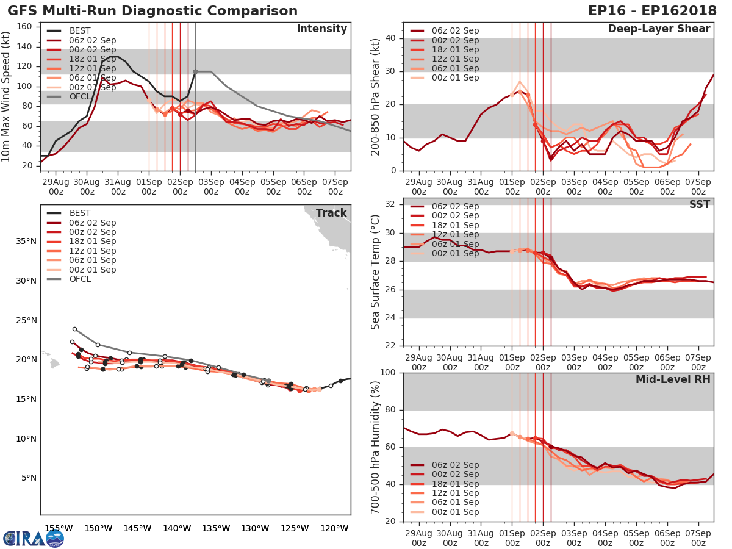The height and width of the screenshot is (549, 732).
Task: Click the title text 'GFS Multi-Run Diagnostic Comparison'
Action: pos(152,11)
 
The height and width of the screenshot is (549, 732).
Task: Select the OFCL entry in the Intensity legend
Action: pos(81,96)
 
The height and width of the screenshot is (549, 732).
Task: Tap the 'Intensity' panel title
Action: pos(321,29)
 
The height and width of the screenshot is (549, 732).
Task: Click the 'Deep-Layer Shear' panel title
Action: pos(659,29)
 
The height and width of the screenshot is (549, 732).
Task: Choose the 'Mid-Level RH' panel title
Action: pos(673,379)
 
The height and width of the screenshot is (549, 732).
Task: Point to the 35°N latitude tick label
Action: pos(26,241)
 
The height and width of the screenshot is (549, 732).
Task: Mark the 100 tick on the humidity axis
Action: pos(389,373)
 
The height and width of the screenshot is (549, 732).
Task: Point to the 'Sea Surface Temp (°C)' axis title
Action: pos(376,272)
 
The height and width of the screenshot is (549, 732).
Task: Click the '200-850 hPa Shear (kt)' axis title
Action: pos(376,96)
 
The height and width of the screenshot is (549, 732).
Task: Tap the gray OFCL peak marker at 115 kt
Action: pos(195,71)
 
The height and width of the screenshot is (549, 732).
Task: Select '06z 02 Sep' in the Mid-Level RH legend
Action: pos(454,465)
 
